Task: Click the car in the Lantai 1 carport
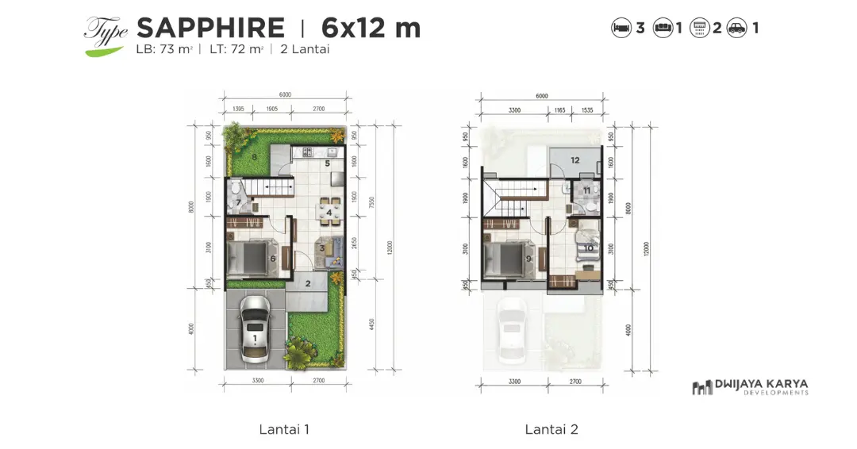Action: (255, 329)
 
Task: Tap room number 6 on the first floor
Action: (272, 259)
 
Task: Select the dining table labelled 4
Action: (329, 212)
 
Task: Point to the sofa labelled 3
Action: (329, 250)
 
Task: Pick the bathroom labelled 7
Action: (238, 201)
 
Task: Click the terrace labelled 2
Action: (308, 283)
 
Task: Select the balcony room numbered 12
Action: (575, 160)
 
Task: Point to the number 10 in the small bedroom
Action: (588, 248)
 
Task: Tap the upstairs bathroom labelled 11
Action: (586, 191)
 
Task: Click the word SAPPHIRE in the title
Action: (210, 28)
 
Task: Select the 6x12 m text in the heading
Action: (371, 28)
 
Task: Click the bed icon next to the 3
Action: (621, 28)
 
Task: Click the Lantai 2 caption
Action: (551, 429)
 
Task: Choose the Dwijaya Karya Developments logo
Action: (750, 387)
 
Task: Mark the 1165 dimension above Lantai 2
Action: (565, 109)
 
